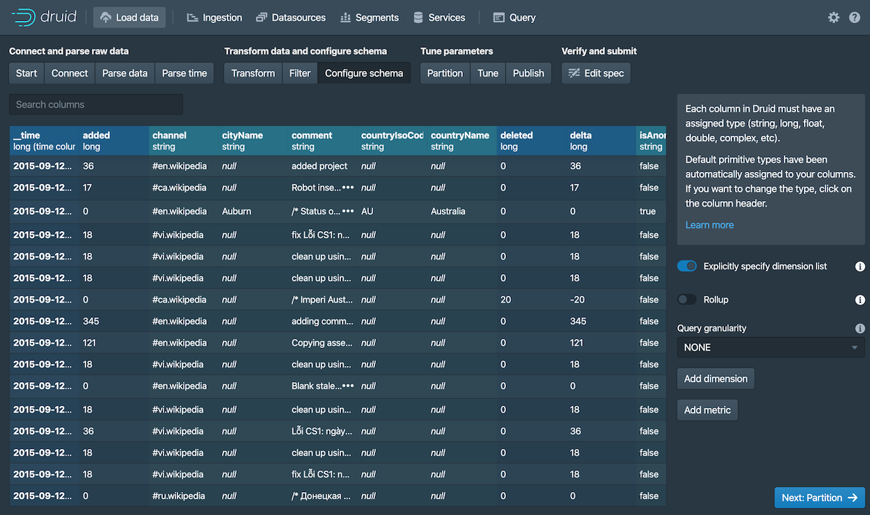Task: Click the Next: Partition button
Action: coord(819,498)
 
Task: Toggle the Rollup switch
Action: coord(687,299)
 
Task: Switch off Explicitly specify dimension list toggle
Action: coord(687,267)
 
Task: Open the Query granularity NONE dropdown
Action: coord(770,347)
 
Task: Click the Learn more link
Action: coord(709,225)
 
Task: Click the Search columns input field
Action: coord(96,104)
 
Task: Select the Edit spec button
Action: coord(596,73)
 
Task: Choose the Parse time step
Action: coord(184,73)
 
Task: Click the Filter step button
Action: coord(300,73)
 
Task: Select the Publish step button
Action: coord(528,73)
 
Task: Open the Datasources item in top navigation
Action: coord(291,17)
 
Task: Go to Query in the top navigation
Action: coord(514,17)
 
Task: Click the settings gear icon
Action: coord(833,17)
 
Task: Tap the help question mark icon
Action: coord(855,17)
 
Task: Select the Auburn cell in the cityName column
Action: coord(237,211)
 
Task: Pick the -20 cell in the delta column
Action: coord(578,299)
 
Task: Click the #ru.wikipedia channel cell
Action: coord(179,496)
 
